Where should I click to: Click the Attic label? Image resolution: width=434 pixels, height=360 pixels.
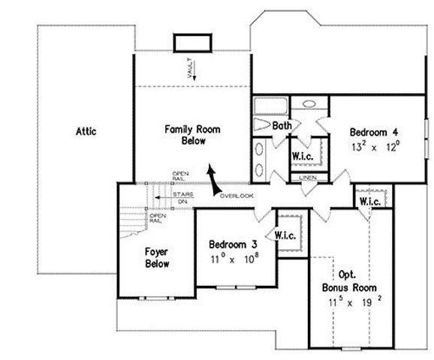pos(86,131)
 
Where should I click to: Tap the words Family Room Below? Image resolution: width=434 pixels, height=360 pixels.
pos(192,135)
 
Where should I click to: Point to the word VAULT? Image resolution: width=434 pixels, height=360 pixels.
pos(191,70)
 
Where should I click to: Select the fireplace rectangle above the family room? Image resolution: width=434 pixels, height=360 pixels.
pos(188,43)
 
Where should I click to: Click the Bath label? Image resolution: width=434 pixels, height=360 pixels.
pos(282,125)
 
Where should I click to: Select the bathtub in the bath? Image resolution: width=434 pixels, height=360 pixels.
pos(270,104)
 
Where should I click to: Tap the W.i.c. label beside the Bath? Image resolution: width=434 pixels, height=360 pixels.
pos(303,156)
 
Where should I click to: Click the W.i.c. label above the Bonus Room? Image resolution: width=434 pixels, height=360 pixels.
pos(369,202)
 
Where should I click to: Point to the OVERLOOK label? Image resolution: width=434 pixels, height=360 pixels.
pos(237,196)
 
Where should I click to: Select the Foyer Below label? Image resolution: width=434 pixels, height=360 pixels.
pos(157,257)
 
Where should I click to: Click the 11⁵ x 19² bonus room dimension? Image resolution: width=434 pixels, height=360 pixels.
pos(349,301)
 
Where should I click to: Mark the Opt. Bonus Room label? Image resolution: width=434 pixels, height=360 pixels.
pos(349,281)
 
